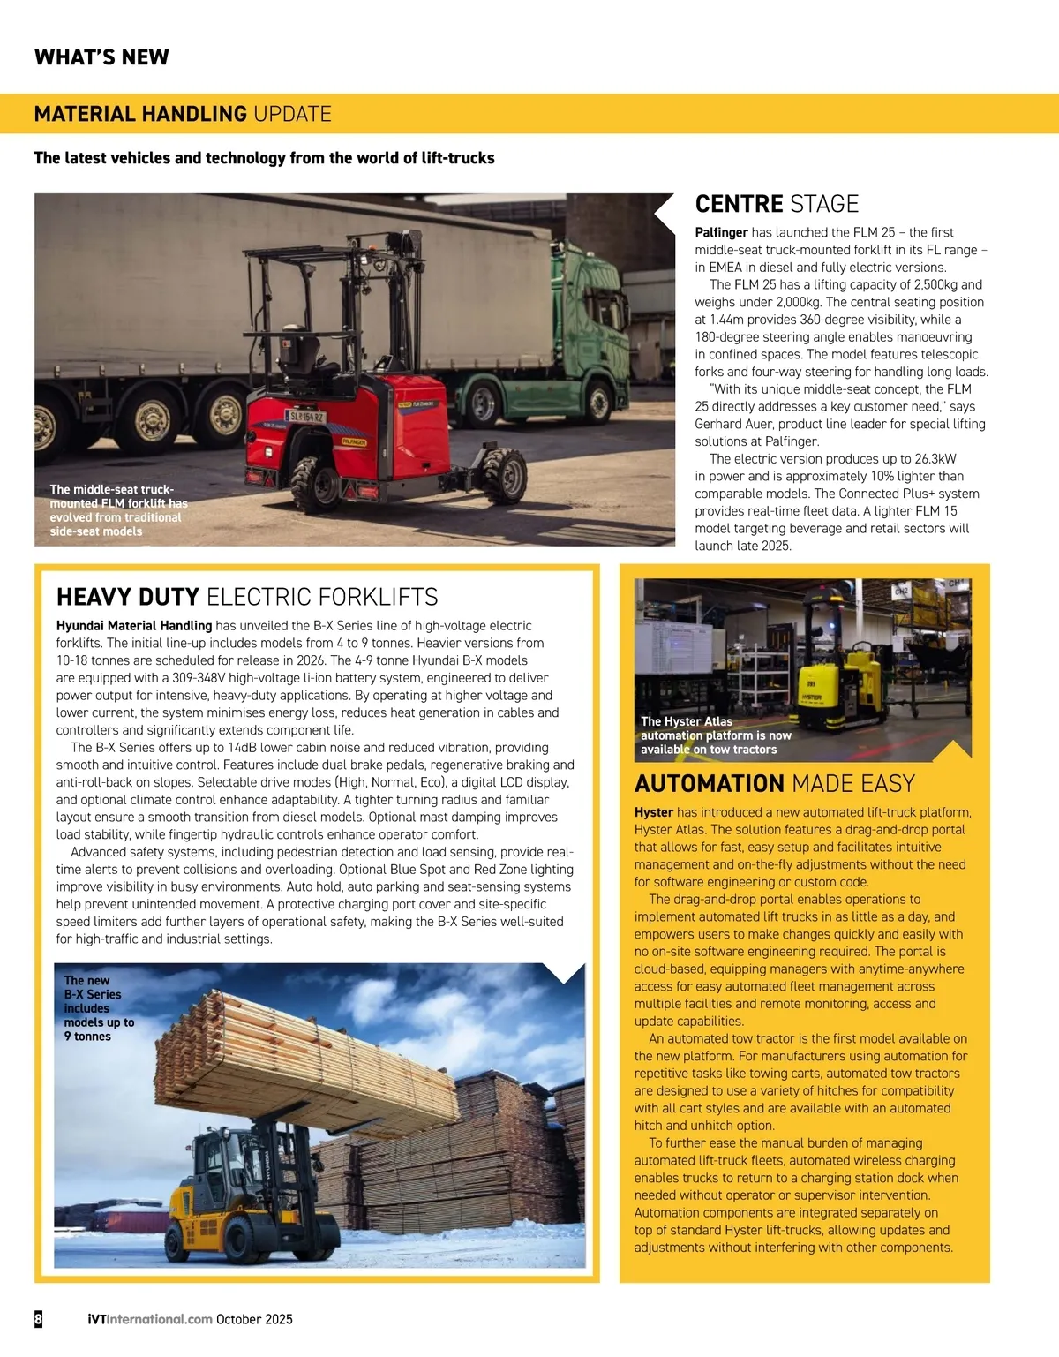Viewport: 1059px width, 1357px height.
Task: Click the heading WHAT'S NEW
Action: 101,57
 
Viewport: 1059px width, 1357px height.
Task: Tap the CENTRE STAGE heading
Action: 777,204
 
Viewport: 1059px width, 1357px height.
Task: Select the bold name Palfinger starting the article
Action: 721,232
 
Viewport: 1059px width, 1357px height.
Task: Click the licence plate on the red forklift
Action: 305,415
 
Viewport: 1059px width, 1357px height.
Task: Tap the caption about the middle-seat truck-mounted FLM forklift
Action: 117,510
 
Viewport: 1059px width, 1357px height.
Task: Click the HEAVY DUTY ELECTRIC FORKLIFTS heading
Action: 247,597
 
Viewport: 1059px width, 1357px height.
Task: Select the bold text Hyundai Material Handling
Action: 134,626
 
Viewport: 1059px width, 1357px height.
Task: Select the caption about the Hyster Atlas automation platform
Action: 715,735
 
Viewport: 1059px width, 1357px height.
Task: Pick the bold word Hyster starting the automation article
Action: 653,812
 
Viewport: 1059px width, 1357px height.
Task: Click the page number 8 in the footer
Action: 39,1319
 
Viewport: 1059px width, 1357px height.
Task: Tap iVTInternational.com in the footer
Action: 150,1319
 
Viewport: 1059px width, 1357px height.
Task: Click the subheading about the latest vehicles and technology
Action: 264,158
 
